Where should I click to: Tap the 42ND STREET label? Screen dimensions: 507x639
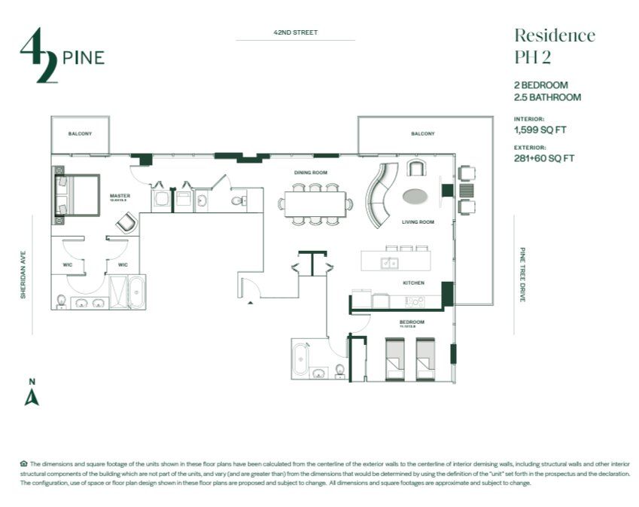tap(295, 32)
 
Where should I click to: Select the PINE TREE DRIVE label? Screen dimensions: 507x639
tap(522, 274)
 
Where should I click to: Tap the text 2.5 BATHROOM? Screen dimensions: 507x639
tap(547, 97)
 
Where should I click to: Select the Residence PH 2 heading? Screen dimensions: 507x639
tap(554, 46)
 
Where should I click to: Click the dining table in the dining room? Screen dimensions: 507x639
tap(315, 203)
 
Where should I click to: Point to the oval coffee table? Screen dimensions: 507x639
tap(415, 197)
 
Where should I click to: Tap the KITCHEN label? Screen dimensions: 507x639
tap(412, 283)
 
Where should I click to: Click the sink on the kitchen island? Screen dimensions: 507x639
tap(390, 262)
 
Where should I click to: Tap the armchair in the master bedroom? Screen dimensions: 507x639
tap(126, 223)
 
